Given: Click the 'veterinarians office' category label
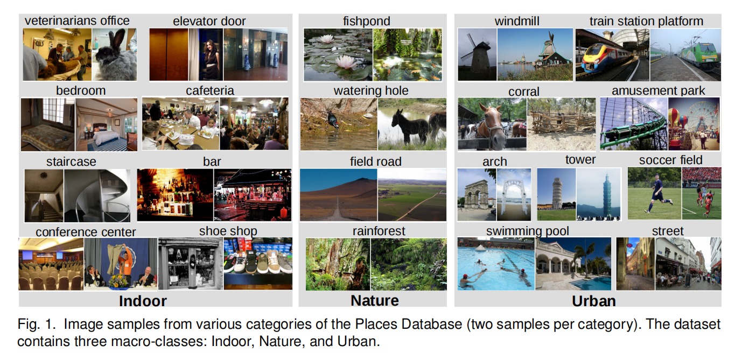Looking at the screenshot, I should [77, 21].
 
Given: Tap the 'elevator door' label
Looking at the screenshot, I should [209, 22].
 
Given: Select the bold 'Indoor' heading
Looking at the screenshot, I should [143, 301].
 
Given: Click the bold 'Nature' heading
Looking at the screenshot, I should [375, 300].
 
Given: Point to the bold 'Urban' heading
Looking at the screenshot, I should [593, 301].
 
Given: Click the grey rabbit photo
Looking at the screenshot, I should [114, 55].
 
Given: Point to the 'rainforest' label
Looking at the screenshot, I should [379, 231].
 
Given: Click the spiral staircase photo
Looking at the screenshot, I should [97, 196].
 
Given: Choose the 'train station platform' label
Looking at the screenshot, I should [646, 22].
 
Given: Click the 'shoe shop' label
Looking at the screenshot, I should [228, 231].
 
